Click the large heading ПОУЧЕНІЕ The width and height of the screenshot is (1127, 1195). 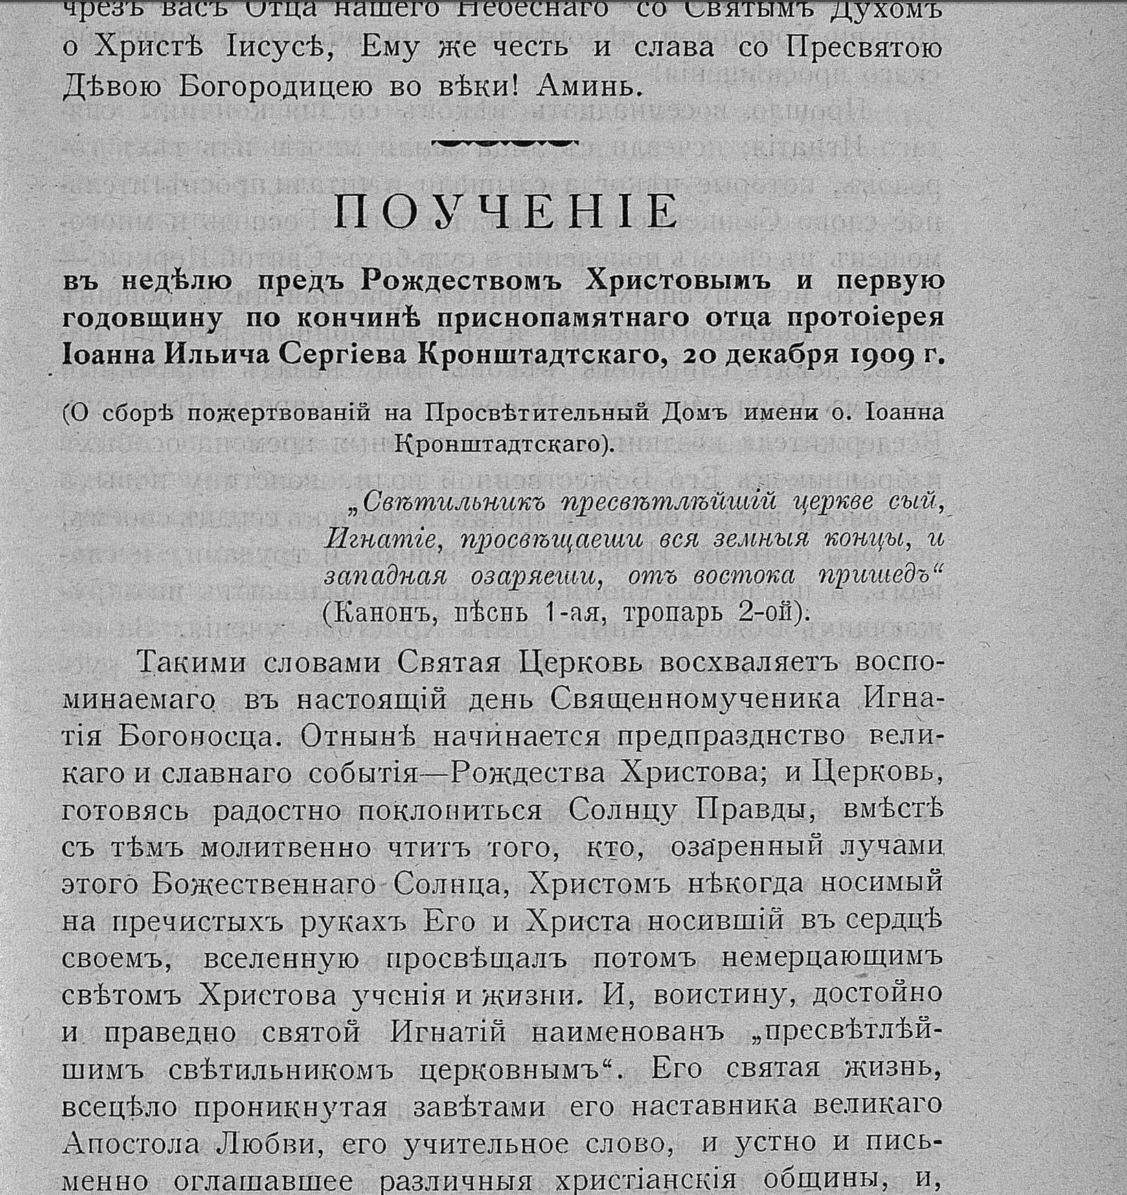tap(505, 212)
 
